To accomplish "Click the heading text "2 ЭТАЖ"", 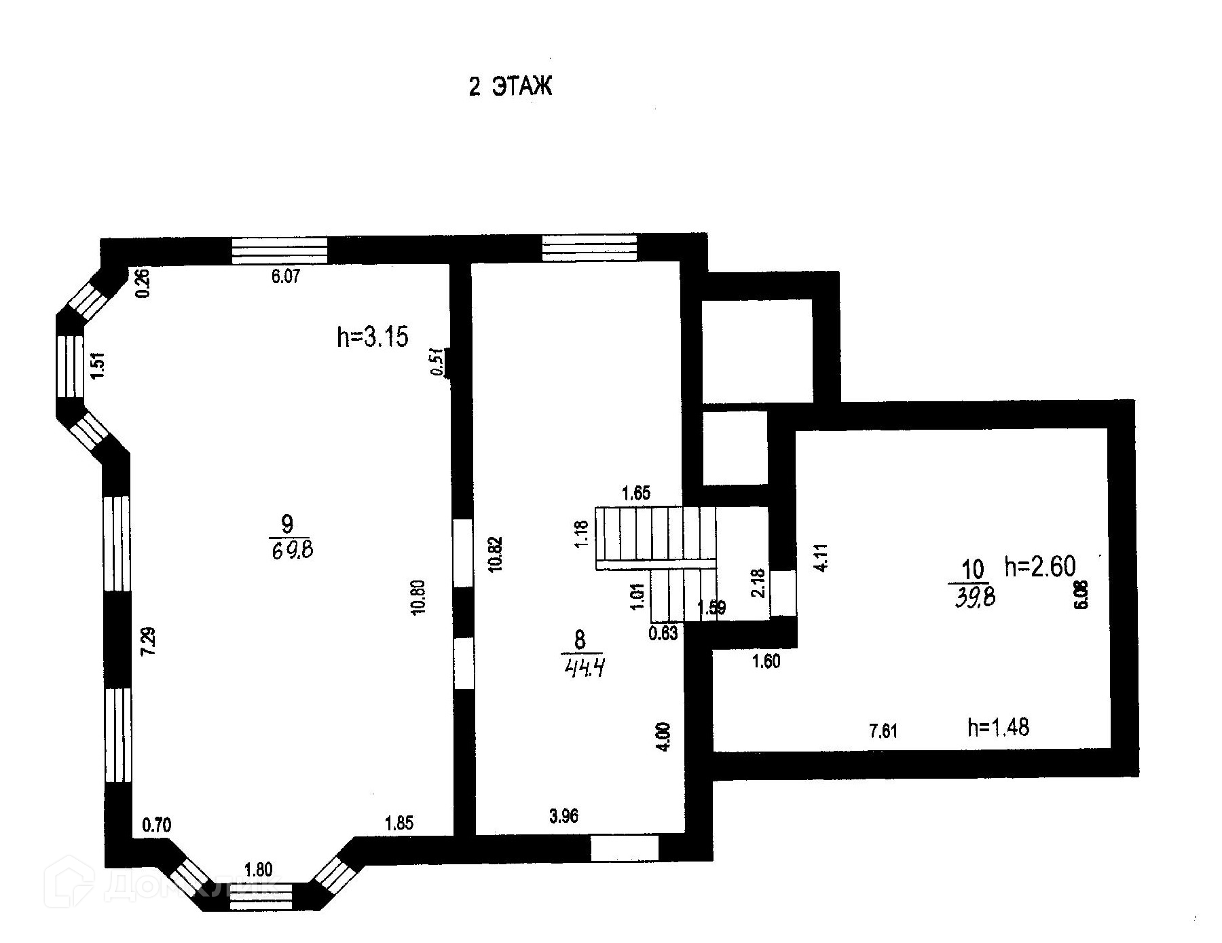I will pos(511,88).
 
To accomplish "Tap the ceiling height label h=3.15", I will pos(373,337).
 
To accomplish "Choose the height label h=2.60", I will pos(1040,566).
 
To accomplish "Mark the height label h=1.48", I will pos(998,728).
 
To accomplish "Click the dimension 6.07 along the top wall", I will pos(286,276).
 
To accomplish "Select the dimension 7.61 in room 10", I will pos(883,731).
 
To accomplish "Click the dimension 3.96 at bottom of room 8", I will pos(563,815).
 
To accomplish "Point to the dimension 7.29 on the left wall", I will pos(148,640).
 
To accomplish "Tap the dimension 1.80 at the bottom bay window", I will pos(258,870).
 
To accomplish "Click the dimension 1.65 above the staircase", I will pos(636,493).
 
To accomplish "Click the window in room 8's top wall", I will pos(589,247).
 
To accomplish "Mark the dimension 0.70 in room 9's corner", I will pos(156,826).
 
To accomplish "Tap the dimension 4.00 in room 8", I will pos(665,737).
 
